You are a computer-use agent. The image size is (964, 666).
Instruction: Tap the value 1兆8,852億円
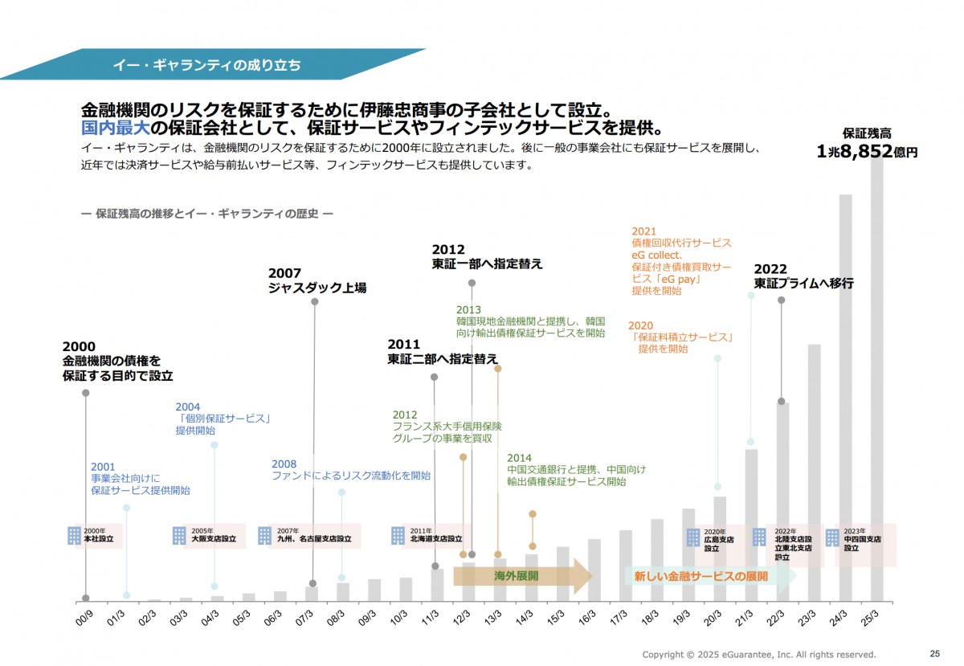coord(867,150)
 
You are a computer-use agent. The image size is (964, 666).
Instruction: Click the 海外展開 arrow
coord(522,576)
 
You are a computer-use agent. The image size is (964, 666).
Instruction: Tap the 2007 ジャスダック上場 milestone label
coord(317,281)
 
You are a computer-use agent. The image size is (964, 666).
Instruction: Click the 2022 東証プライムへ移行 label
coord(803,276)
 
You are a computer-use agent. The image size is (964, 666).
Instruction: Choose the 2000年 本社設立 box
coord(95,536)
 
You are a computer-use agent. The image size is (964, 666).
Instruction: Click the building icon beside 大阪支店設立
coord(179,536)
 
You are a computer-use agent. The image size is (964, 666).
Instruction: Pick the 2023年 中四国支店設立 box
coord(860,536)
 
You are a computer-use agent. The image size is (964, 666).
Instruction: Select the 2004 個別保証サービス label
coord(222,419)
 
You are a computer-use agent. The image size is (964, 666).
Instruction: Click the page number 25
coord(934,653)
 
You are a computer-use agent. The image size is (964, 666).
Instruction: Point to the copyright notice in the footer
coord(758,654)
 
